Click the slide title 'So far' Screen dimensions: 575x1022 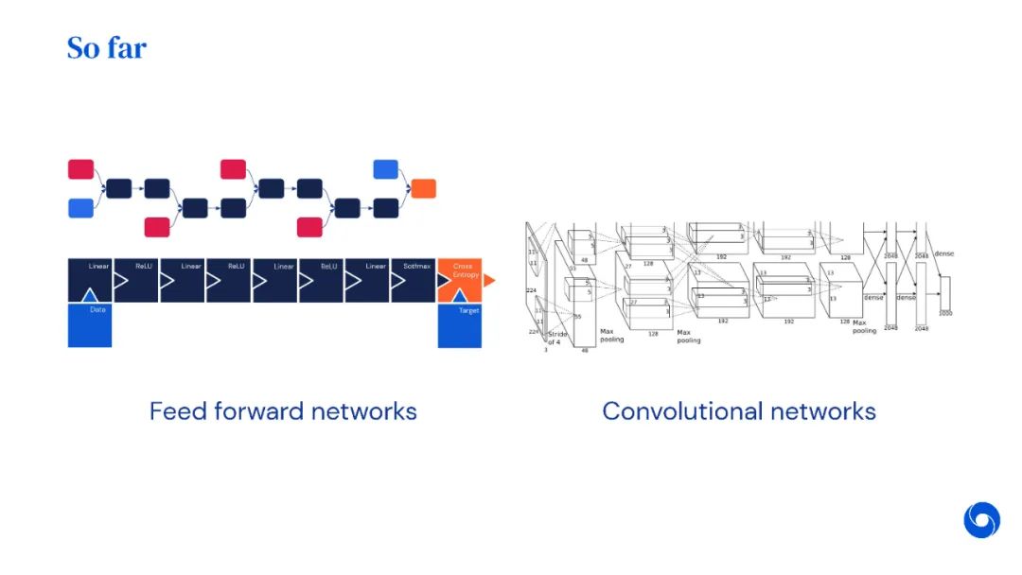pos(106,47)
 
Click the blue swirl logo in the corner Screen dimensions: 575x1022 pos(981,520)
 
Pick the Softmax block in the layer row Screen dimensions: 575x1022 pos(414,280)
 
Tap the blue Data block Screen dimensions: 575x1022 pos(90,324)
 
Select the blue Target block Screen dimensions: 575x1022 pos(459,324)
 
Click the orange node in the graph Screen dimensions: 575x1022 pos(423,188)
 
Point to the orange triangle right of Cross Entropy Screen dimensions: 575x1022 pos(488,280)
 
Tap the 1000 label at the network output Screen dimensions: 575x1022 pos(945,312)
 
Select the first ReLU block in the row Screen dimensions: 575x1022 pos(136,280)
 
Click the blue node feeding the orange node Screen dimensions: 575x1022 pos(385,169)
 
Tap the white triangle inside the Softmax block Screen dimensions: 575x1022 pos(397,281)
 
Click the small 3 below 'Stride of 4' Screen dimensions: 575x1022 pos(545,350)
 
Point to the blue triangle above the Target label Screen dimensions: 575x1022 pos(459,295)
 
